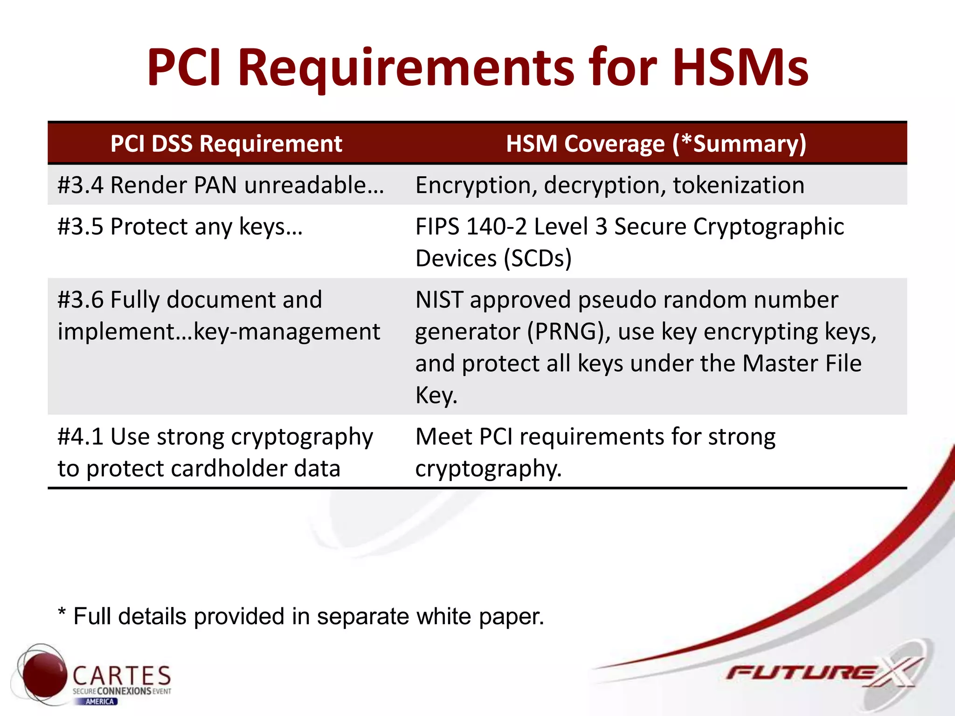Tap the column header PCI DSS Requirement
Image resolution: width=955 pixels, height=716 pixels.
(226, 144)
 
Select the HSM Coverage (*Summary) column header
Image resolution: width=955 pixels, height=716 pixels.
(656, 144)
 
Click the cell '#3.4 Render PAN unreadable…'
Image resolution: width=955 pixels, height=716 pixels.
(221, 185)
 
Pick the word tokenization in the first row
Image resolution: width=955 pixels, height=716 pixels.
(738, 185)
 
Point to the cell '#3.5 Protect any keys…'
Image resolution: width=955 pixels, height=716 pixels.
(180, 227)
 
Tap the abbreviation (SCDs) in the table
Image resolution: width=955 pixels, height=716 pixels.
(537, 259)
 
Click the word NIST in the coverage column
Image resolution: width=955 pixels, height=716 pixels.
(439, 300)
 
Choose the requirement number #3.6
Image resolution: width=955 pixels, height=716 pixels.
(80, 300)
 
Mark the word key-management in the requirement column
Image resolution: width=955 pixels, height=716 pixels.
(287, 332)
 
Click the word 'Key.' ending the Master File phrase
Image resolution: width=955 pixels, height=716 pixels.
(436, 396)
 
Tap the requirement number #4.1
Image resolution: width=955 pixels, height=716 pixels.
(80, 437)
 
